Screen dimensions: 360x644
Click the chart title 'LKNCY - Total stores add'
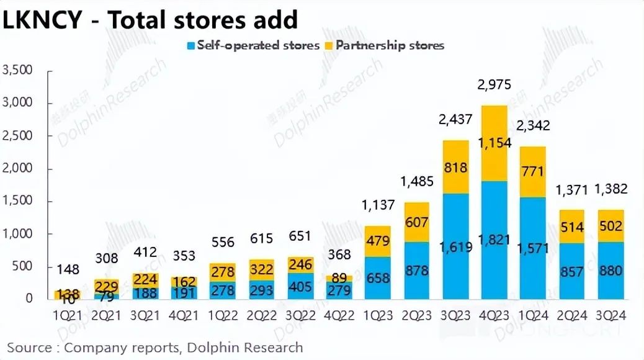coord(150,20)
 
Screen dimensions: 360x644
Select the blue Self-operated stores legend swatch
coord(191,45)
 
